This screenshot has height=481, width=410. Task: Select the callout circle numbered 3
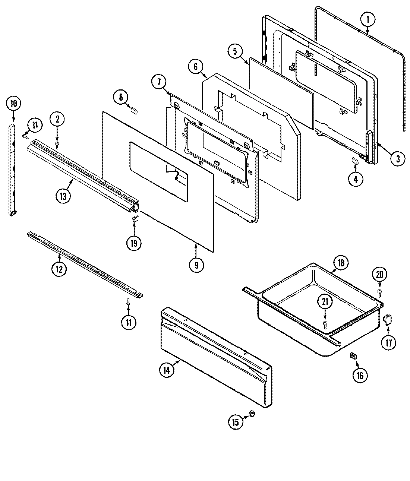(x=397, y=159)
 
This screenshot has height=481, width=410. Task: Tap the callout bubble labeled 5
(x=235, y=51)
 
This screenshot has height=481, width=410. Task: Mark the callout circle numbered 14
(x=166, y=370)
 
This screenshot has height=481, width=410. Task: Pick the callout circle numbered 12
(x=59, y=269)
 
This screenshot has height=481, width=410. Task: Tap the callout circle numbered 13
(x=63, y=196)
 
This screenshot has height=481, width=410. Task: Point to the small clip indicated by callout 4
(x=355, y=161)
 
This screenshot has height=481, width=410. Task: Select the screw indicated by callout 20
(x=379, y=292)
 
